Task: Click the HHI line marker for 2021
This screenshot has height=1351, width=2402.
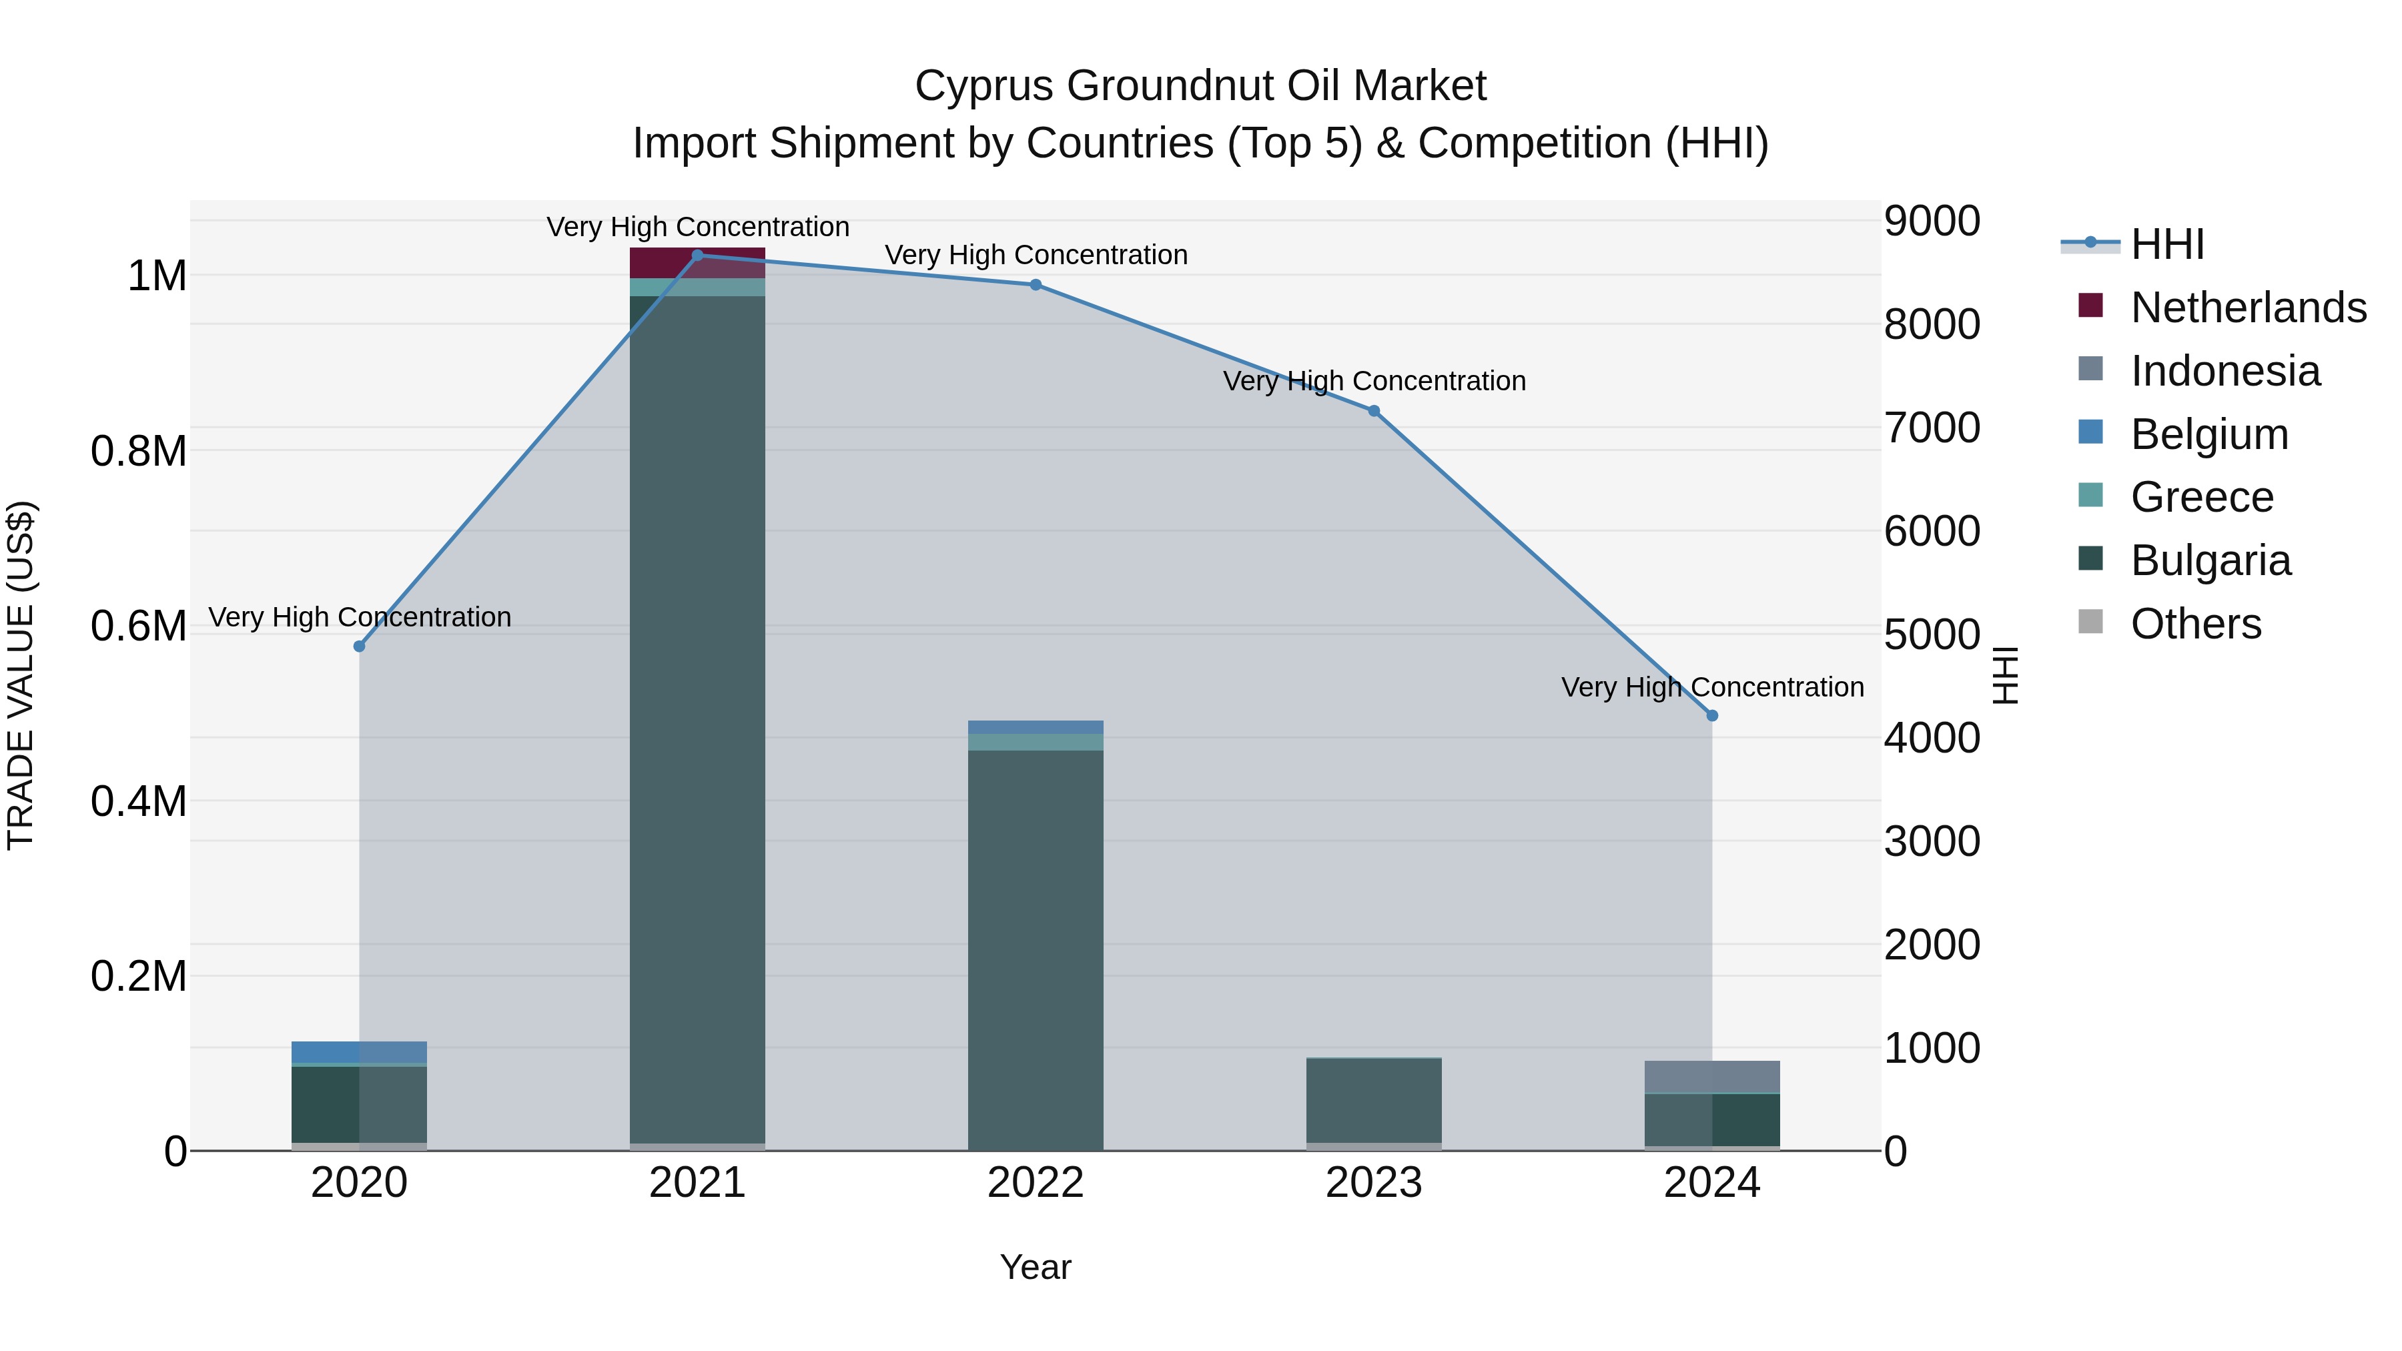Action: [x=697, y=256]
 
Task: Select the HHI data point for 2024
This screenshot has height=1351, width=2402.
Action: [x=1712, y=716]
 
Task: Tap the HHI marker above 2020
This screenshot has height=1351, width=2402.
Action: [x=359, y=646]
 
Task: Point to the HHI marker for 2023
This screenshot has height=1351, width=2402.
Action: [x=1374, y=411]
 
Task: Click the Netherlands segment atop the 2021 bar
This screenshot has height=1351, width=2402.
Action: [x=697, y=263]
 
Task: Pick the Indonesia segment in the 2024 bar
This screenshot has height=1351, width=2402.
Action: [x=1712, y=1076]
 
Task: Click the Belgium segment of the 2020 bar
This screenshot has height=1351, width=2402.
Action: [x=359, y=1051]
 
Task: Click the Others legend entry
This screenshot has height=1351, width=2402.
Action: [x=2196, y=624]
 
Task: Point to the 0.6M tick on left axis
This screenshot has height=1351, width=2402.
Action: [x=139, y=626]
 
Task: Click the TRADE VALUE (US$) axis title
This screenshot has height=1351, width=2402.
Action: [x=21, y=675]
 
